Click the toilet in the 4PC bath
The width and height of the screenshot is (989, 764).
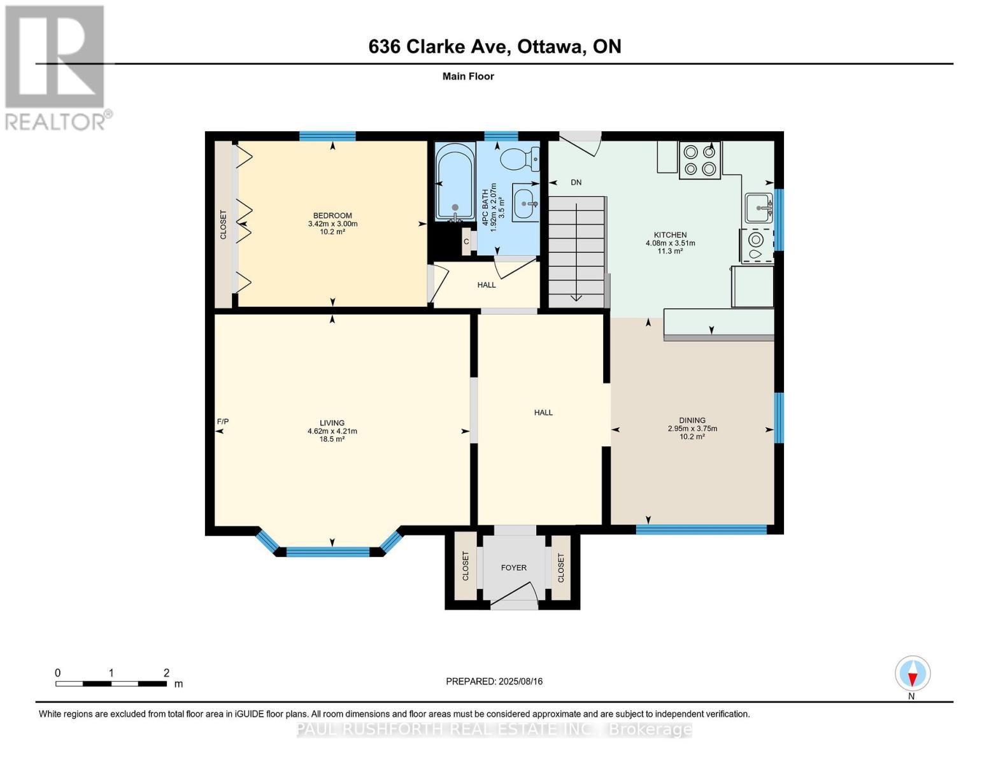(x=519, y=159)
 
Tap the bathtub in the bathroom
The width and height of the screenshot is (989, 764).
(x=455, y=182)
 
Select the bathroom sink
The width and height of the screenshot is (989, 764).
(x=525, y=202)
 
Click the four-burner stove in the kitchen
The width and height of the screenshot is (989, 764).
(x=699, y=160)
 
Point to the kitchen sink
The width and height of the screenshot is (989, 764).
(x=758, y=208)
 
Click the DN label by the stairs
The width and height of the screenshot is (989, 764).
(x=576, y=183)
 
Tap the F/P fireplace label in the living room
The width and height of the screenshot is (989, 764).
(x=222, y=421)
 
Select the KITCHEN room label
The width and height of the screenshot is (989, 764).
(x=670, y=235)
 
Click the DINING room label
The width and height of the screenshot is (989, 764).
(x=692, y=420)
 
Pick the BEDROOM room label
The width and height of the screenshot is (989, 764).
(x=332, y=216)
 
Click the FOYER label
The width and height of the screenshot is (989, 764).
(x=514, y=567)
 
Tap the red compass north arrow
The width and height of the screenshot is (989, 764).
(x=912, y=679)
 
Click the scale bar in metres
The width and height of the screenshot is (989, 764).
(x=111, y=684)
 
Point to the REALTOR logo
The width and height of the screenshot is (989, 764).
(x=57, y=68)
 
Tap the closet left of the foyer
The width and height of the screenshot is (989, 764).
(x=466, y=566)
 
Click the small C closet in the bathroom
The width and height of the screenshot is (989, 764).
(x=466, y=241)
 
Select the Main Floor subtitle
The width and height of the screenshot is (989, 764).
(x=468, y=76)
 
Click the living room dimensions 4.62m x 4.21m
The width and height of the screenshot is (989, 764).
(x=332, y=431)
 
